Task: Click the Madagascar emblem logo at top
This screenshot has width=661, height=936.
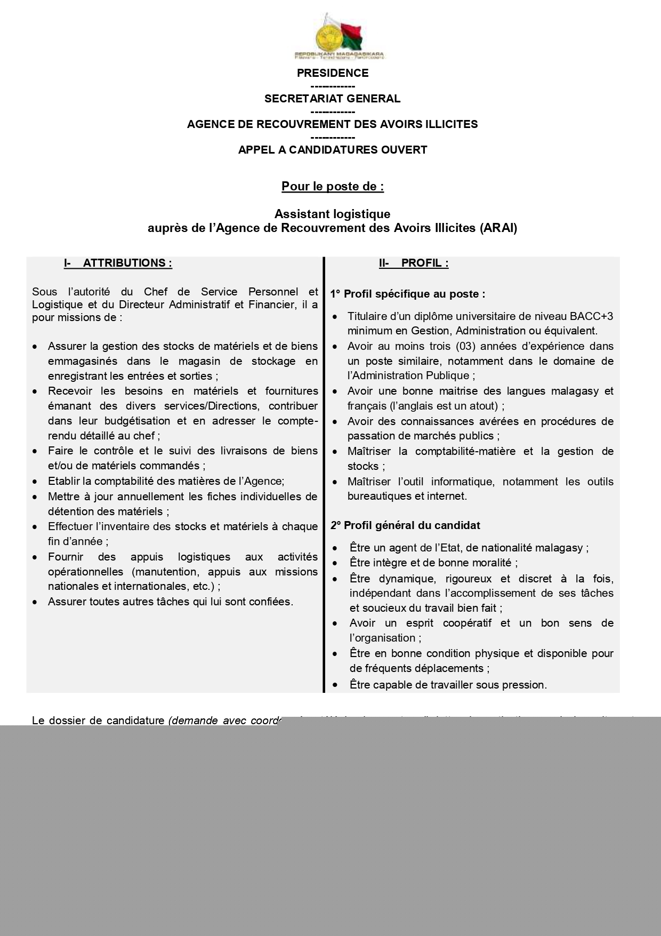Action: pyautogui.click(x=339, y=36)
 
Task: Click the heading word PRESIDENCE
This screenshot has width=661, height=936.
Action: pyautogui.click(x=332, y=73)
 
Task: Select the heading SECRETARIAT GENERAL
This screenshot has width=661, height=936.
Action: pyautogui.click(x=332, y=99)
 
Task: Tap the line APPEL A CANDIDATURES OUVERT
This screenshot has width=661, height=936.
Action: pyautogui.click(x=332, y=150)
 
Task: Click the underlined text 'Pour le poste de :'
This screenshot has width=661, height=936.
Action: pyautogui.click(x=332, y=187)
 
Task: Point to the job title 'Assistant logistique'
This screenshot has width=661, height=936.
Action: pyautogui.click(x=332, y=214)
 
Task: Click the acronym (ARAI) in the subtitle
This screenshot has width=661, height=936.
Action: pyautogui.click(x=498, y=228)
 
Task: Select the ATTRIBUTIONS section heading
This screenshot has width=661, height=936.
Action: pyautogui.click(x=127, y=263)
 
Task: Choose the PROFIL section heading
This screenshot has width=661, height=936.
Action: pyautogui.click(x=424, y=263)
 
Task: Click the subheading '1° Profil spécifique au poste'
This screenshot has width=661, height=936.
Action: pyautogui.click(x=408, y=294)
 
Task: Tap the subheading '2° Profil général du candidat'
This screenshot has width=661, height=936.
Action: pyautogui.click(x=405, y=525)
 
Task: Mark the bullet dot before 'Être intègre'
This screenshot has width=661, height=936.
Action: pyautogui.click(x=335, y=563)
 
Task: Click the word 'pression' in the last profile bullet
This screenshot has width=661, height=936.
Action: pyautogui.click(x=526, y=685)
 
